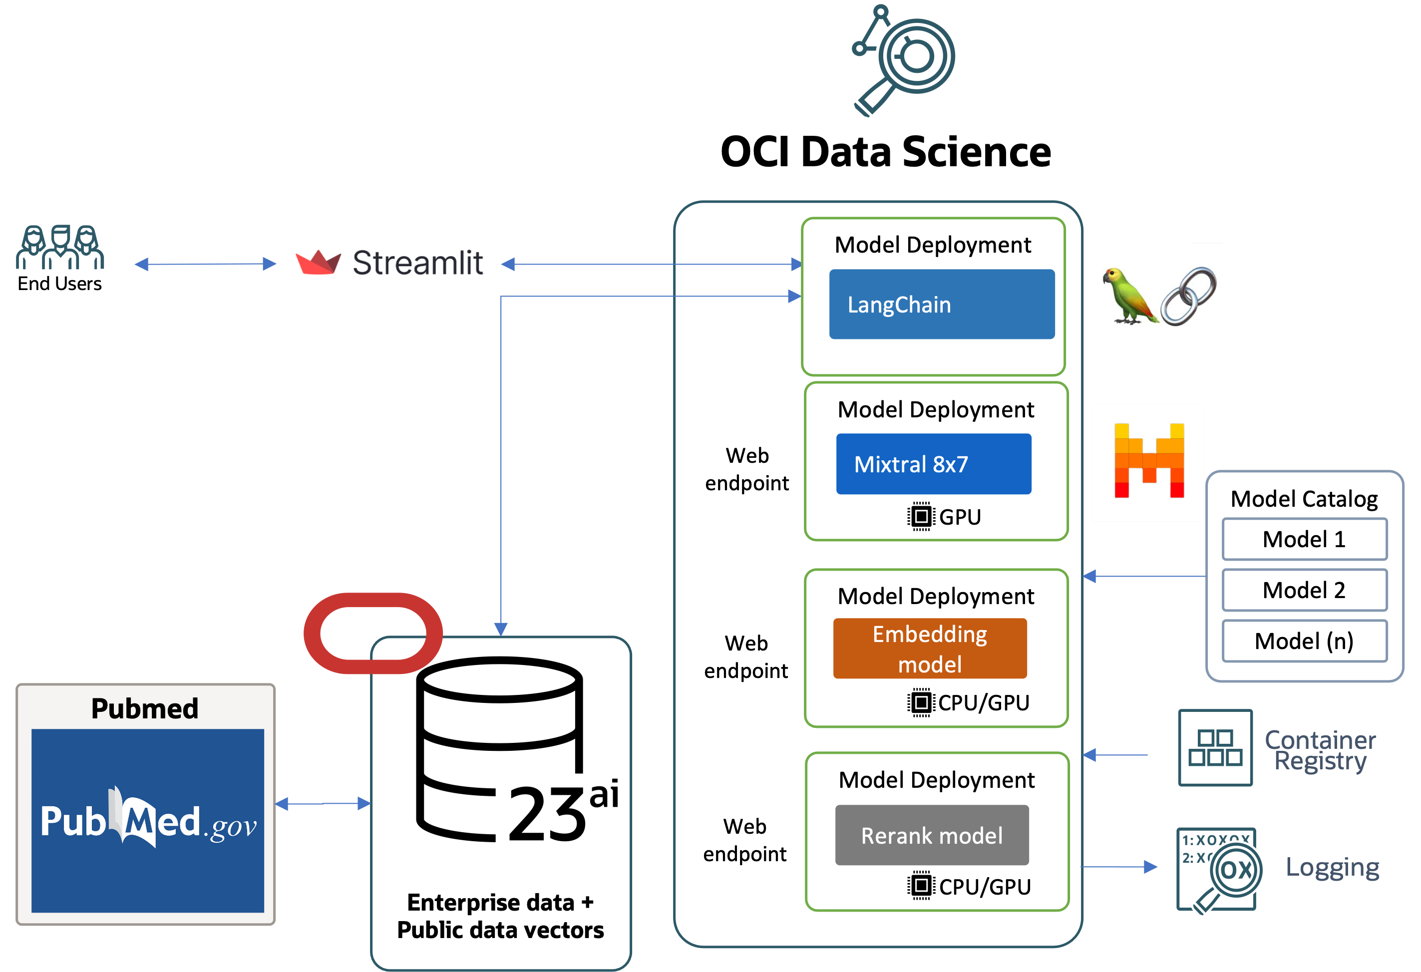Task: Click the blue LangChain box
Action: click(x=942, y=304)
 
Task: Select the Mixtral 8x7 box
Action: click(x=933, y=464)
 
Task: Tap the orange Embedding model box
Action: click(x=929, y=648)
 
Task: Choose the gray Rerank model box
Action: click(x=932, y=835)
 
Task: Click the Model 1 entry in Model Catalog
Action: click(x=1304, y=539)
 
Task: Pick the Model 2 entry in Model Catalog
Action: click(x=1304, y=590)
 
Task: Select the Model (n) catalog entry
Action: click(x=1304, y=641)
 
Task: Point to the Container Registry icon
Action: click(x=1215, y=748)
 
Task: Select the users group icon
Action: click(x=60, y=247)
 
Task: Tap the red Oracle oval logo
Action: click(x=373, y=634)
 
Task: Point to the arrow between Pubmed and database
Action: click(x=323, y=803)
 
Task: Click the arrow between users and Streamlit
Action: click(x=205, y=264)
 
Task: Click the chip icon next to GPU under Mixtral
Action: click(x=921, y=517)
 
